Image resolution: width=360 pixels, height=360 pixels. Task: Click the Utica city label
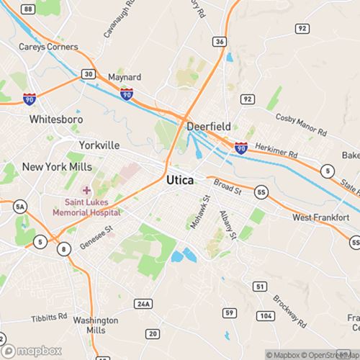tap(179, 180)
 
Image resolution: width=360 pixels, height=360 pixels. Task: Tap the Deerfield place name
tap(209, 127)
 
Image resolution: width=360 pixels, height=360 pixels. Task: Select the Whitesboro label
tap(56, 119)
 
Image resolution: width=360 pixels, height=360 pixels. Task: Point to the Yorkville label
tap(99, 145)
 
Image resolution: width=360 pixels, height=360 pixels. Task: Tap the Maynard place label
tap(124, 77)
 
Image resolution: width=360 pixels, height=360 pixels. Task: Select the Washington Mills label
tap(95, 325)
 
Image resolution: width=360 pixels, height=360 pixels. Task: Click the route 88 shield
tap(27, 8)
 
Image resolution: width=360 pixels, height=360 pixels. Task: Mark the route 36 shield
tap(220, 42)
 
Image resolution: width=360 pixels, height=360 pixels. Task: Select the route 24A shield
tap(144, 305)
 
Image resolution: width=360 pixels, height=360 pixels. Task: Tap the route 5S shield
tap(261, 191)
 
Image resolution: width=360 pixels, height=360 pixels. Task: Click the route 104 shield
tap(266, 316)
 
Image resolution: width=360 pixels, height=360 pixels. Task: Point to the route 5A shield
tap(20, 207)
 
